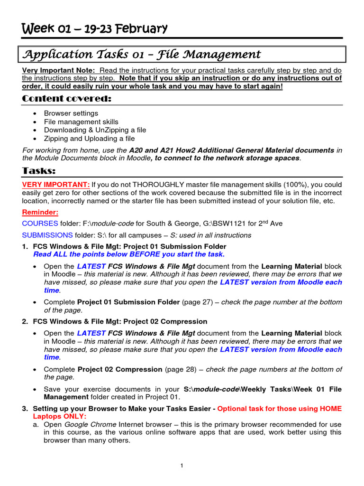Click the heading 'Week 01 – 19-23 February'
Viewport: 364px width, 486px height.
[95, 29]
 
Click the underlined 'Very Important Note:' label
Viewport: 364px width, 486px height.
[59, 70]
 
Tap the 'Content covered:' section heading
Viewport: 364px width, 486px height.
[66, 98]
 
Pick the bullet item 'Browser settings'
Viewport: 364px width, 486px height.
[71, 113]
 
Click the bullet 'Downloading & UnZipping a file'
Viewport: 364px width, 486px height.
[95, 130]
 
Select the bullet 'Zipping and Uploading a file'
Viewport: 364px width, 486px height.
[89, 139]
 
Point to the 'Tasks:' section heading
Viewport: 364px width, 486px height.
[39, 170]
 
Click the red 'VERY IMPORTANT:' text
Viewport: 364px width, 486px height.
[56, 184]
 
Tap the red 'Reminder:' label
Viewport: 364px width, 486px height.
[40, 213]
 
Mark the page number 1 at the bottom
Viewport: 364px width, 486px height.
[182, 466]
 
